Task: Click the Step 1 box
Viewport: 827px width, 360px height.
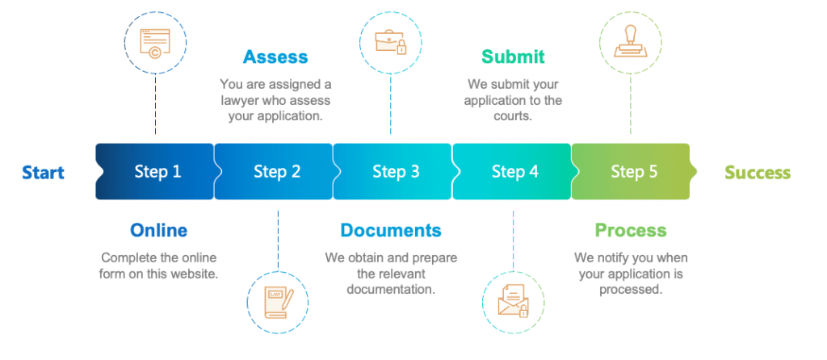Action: (x=155, y=171)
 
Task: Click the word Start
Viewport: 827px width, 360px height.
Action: (x=43, y=172)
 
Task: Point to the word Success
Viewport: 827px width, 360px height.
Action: (x=758, y=172)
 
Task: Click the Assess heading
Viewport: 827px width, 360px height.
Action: (x=275, y=57)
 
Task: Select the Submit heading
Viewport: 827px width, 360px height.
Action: (x=513, y=57)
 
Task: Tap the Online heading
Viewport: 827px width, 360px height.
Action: (x=158, y=230)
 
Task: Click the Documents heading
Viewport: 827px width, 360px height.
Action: (x=391, y=230)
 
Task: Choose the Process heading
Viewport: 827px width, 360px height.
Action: (x=630, y=230)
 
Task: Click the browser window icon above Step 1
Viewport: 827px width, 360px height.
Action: (x=155, y=42)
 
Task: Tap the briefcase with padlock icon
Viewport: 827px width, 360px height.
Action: (x=390, y=42)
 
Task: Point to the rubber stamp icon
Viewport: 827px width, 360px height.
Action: (x=630, y=42)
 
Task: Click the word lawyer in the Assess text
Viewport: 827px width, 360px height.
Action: (x=241, y=100)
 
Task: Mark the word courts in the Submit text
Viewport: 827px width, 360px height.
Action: (x=513, y=116)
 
